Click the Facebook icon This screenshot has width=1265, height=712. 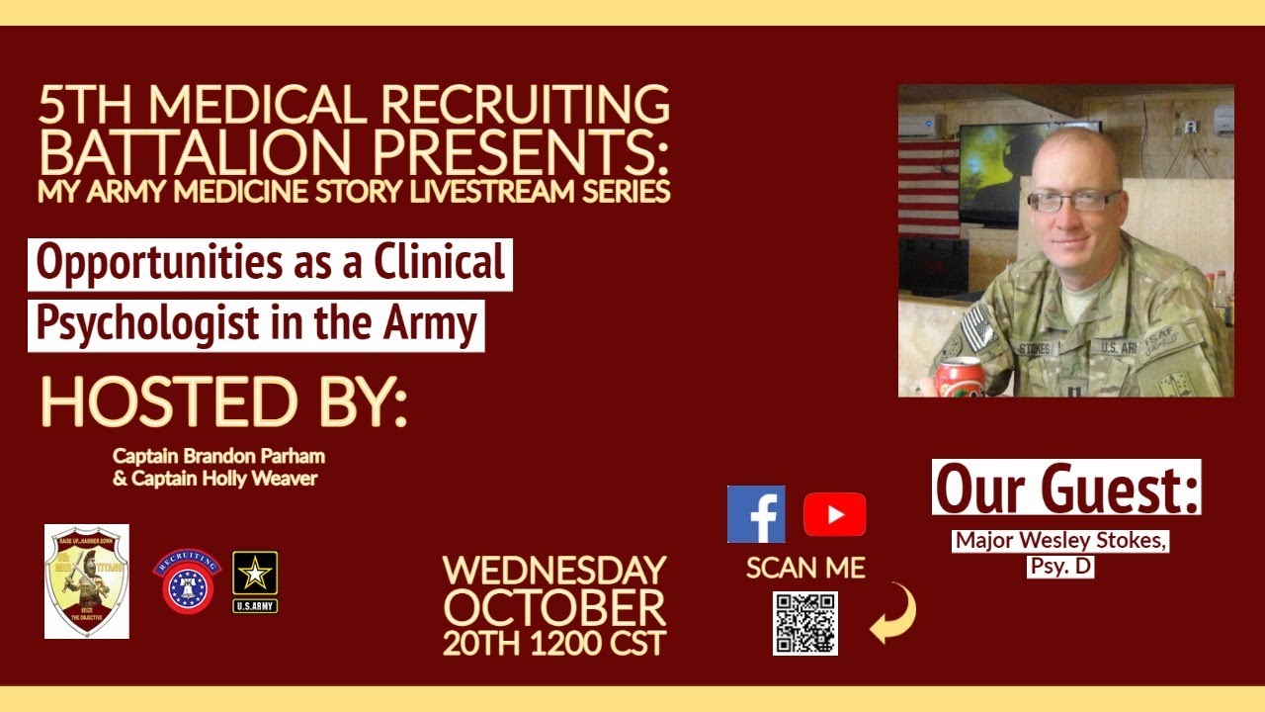(x=756, y=514)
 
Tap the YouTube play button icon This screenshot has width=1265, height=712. (x=834, y=514)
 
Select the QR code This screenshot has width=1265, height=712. (x=804, y=623)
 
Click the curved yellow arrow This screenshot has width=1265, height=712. (x=893, y=613)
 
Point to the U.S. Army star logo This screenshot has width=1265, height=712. (x=255, y=580)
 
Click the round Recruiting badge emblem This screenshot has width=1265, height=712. (x=187, y=581)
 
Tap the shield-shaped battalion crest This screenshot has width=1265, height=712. (x=87, y=581)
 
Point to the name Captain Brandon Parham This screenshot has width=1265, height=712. (x=218, y=457)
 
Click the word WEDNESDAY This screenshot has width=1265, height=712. (x=554, y=571)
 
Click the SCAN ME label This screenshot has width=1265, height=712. (x=805, y=568)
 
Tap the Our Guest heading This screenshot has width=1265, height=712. (x=1066, y=488)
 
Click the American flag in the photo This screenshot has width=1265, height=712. (x=929, y=188)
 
